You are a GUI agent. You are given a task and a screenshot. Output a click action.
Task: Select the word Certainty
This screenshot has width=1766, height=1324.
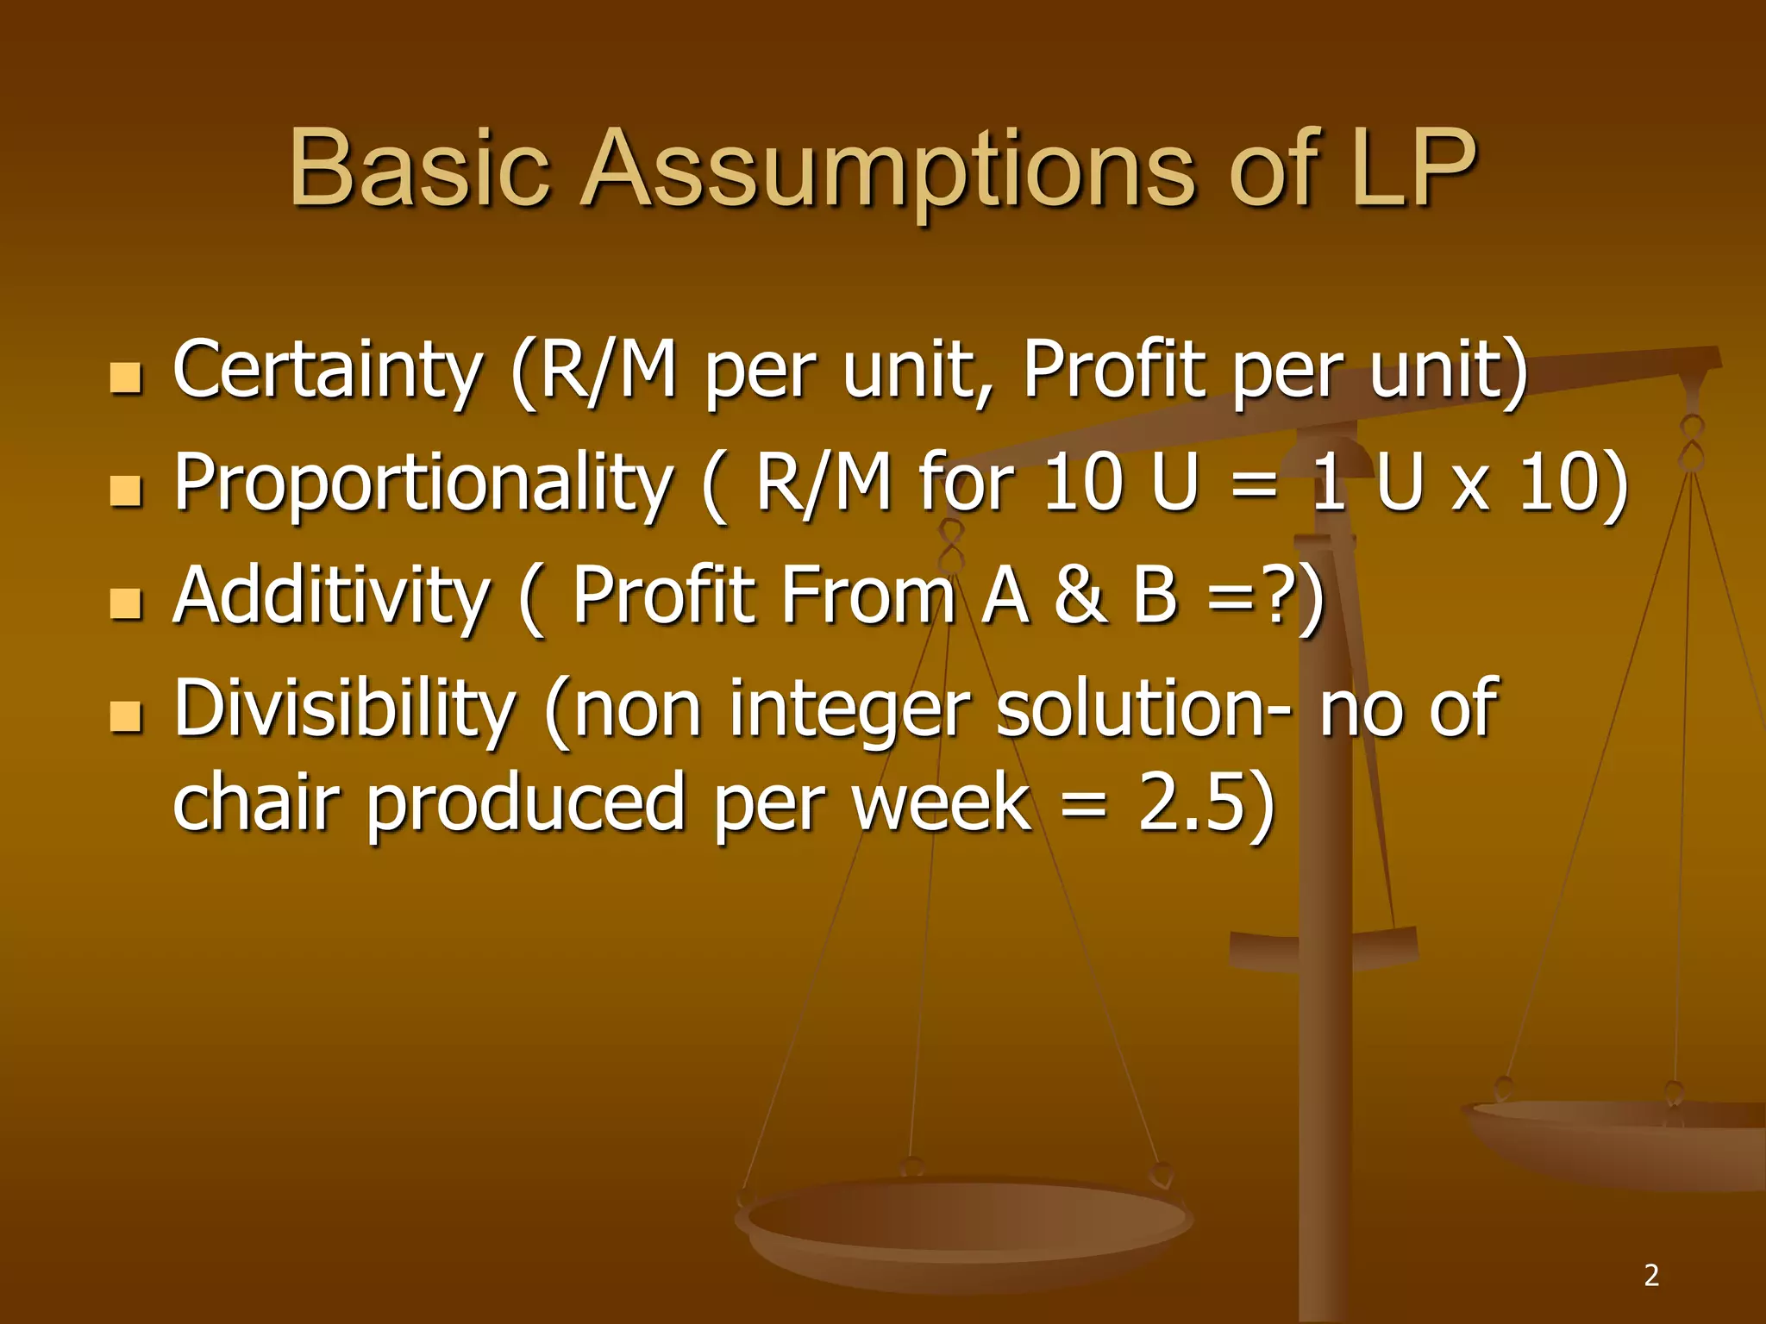coord(327,371)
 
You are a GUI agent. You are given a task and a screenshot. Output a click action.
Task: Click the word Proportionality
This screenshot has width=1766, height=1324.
coord(423,484)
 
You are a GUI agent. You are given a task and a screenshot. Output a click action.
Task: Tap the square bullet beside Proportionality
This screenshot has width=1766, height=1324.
coord(126,490)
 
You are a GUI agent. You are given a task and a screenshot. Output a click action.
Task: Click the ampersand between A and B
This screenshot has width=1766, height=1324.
coord(1080,596)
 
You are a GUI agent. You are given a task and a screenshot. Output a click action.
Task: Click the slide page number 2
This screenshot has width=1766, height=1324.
coord(1651,1275)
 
